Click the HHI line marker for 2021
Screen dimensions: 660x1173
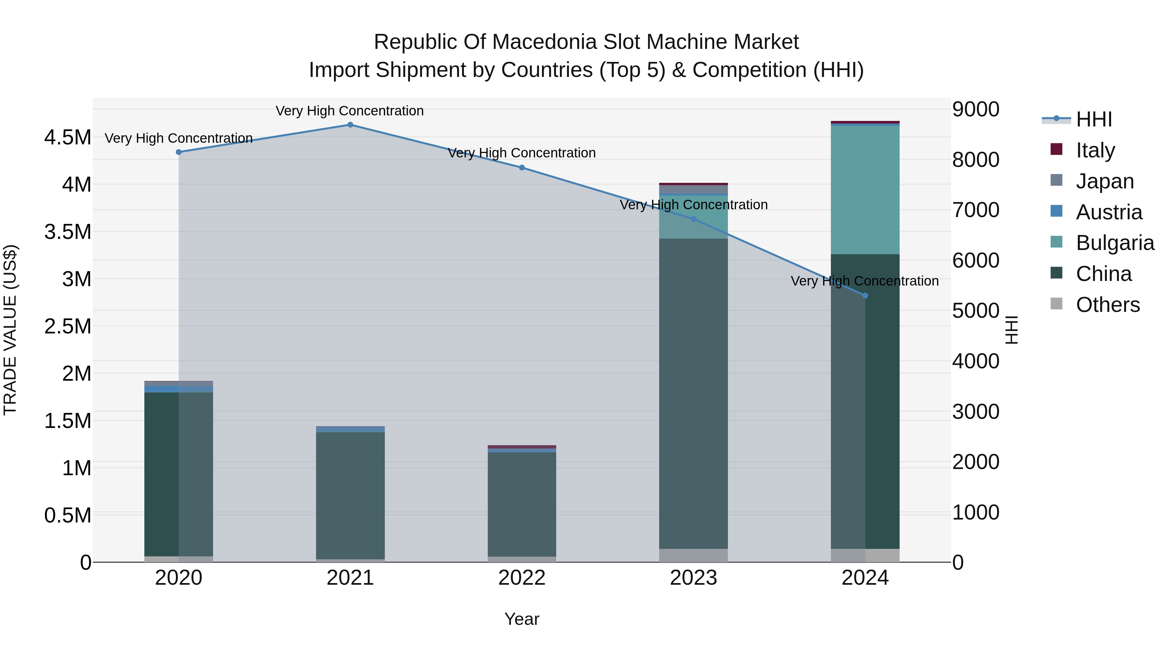coord(350,125)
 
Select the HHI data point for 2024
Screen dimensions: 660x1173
coord(865,296)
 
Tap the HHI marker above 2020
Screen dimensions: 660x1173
coord(179,152)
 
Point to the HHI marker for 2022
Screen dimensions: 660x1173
coord(522,168)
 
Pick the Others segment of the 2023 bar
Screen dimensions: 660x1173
coord(693,555)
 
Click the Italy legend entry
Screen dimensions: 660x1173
coord(1095,150)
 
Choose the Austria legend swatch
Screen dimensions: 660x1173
coord(1056,211)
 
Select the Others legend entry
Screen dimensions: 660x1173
coord(1108,305)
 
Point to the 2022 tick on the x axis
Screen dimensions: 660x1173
coord(522,578)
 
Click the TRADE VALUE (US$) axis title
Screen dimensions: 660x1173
coord(10,330)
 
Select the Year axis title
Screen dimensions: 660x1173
coord(522,619)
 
